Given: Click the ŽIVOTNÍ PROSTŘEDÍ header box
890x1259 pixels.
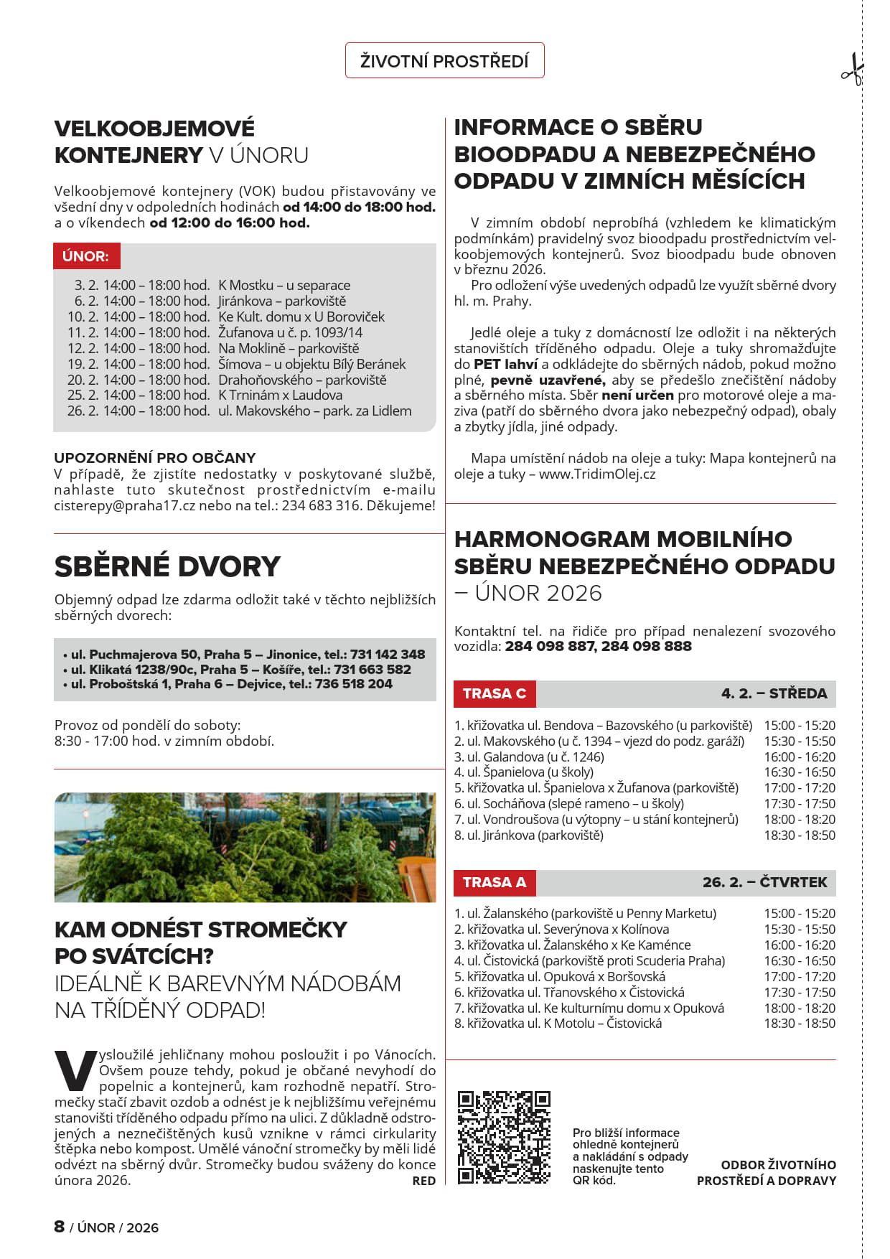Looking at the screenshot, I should point(444,61).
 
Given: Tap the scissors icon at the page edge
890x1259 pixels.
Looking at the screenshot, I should point(852,70).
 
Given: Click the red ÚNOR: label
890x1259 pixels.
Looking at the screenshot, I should point(85,256).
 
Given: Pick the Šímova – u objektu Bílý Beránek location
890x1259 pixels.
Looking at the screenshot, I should point(311,364).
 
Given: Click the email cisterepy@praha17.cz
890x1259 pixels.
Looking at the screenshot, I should point(124,505).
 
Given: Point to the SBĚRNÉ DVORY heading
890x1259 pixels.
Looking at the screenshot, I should point(167,566).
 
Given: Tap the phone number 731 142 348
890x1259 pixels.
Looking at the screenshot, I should point(388,655).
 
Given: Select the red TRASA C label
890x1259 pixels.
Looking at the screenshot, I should point(494,693).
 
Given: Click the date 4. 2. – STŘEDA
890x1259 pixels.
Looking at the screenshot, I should point(774,693).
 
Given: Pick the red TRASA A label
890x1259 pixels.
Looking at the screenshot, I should point(494,882).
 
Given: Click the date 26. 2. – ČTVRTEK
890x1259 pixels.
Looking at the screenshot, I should point(764,882).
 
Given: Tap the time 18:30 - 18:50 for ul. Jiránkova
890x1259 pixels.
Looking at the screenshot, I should point(800,835).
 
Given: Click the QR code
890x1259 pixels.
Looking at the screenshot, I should point(504,1137).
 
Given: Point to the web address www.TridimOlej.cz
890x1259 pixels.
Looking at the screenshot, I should point(597,474).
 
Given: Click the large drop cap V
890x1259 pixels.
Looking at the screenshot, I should point(74,1071).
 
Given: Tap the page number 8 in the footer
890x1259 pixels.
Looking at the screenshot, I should point(60,1227).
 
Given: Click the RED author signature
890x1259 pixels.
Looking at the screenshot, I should point(423,1181).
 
